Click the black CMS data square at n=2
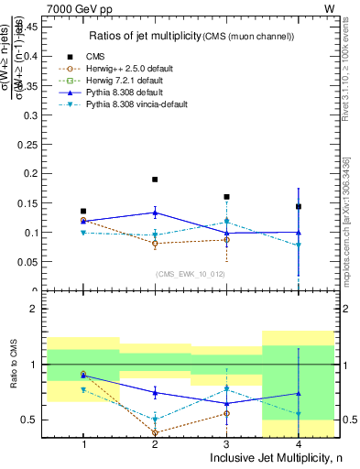(155, 180)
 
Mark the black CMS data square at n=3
(226, 197)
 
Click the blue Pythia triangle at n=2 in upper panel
(155, 213)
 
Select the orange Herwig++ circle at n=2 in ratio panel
(155, 432)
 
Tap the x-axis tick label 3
(226, 444)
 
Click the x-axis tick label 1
(83, 444)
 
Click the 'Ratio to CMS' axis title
(13, 377)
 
